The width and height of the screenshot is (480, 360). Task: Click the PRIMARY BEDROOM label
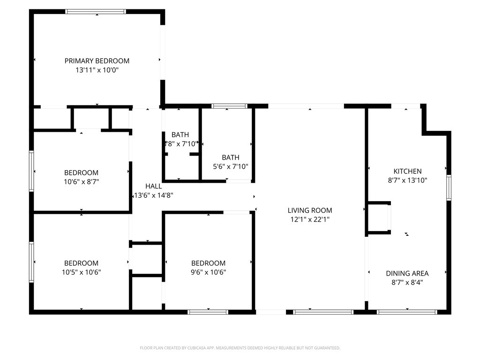click(97, 61)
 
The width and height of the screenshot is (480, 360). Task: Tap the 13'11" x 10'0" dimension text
click(97, 70)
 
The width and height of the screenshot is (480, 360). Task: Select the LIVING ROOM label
click(309, 210)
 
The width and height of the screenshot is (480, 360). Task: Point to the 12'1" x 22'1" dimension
click(309, 219)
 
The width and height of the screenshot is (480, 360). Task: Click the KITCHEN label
click(407, 172)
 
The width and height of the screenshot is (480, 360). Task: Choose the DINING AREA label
click(407, 273)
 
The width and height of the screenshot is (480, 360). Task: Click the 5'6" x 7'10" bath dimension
click(230, 166)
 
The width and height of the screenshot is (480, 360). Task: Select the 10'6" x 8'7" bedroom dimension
click(81, 182)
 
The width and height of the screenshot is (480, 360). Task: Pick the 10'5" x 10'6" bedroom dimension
click(81, 272)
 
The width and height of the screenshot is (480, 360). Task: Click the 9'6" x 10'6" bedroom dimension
click(208, 272)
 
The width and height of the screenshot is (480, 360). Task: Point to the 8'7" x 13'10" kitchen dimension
click(407, 180)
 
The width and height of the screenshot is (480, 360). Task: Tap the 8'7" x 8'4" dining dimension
click(407, 282)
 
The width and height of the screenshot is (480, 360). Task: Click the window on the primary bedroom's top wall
click(96, 11)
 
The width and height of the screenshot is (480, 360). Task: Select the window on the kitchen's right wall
click(449, 187)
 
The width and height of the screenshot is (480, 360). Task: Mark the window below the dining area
click(407, 312)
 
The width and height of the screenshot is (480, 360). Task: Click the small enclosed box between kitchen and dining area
click(379, 218)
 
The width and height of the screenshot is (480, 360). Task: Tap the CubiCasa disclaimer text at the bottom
click(240, 348)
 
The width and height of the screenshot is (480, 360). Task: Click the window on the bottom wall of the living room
click(323, 312)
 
